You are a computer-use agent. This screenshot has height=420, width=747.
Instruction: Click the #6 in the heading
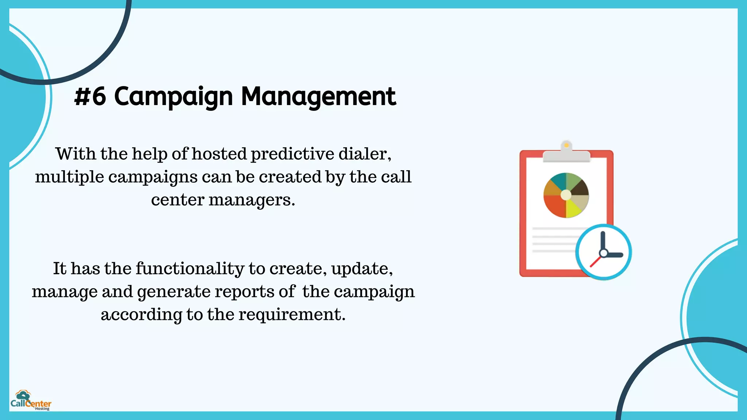(90, 97)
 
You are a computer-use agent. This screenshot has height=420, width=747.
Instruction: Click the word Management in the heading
(318, 97)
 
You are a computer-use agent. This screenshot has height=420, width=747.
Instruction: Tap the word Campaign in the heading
(173, 97)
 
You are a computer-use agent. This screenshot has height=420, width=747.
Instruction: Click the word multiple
(69, 177)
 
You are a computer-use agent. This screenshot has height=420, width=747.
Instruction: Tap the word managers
(251, 200)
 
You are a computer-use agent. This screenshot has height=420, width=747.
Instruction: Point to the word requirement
(292, 314)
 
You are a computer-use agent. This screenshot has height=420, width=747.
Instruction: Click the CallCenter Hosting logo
(31, 401)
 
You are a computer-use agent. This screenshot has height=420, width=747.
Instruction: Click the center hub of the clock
(604, 253)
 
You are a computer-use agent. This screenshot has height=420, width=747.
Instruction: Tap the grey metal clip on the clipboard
(566, 155)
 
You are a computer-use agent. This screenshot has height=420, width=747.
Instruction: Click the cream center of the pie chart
(566, 195)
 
